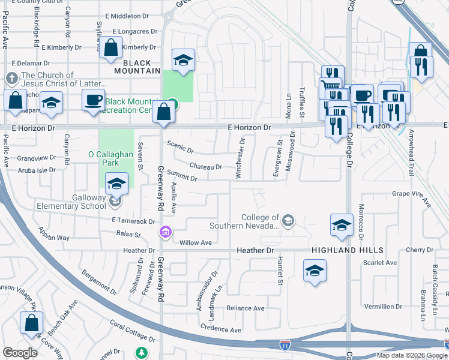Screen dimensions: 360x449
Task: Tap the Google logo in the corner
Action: (x=20, y=353)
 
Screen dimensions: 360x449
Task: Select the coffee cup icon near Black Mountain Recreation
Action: (x=93, y=100)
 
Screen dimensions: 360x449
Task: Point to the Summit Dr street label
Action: (x=182, y=178)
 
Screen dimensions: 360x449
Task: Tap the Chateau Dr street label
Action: (x=205, y=166)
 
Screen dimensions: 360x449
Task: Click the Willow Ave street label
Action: (x=196, y=242)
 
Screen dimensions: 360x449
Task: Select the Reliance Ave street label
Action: (x=245, y=308)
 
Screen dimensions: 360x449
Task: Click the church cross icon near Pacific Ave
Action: (x=11, y=79)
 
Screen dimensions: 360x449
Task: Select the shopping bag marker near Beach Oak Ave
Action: (x=31, y=323)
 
